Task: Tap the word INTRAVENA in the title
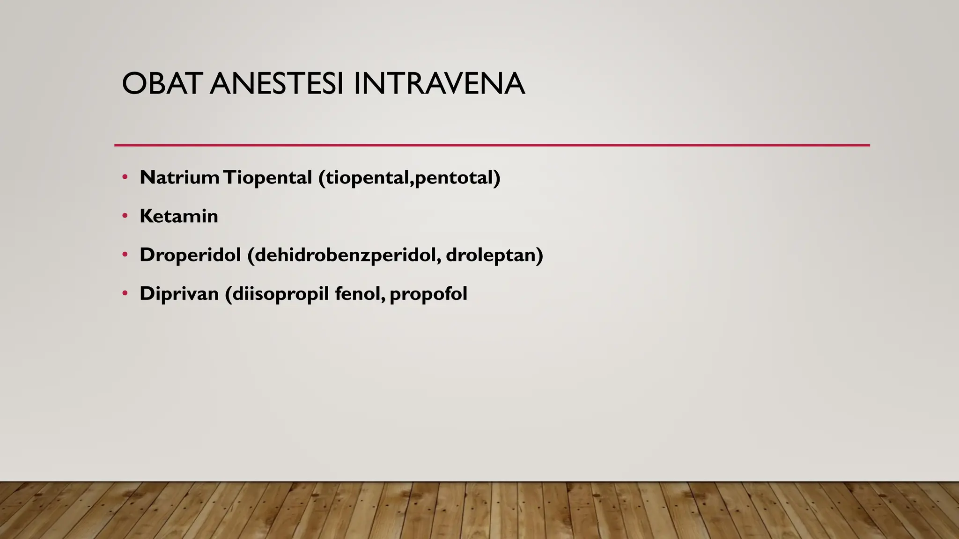coord(439,84)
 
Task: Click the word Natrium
coord(179,177)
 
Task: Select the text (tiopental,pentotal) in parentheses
coord(409,178)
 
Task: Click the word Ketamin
coord(179,216)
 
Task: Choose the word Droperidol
coord(190,255)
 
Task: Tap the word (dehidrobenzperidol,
coord(344,255)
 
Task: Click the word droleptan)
coord(494,255)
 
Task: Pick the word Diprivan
coord(179,294)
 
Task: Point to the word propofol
coord(428,294)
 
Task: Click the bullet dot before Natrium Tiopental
coord(125,177)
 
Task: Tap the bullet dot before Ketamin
coord(125,216)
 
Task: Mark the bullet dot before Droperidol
coord(125,255)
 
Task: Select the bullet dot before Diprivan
coord(125,294)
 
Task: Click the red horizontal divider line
coord(492,146)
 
